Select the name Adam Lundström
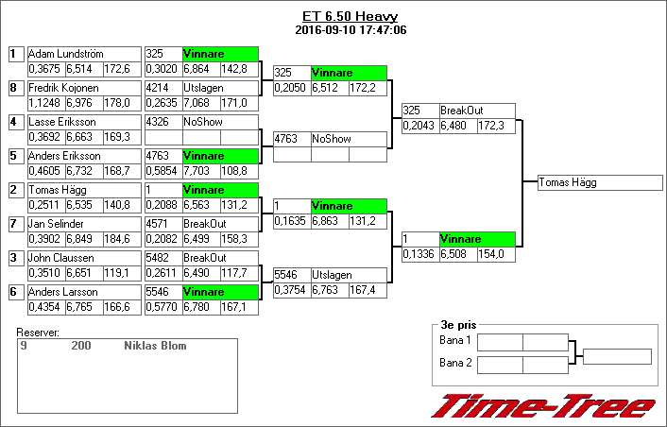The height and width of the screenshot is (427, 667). click(65, 54)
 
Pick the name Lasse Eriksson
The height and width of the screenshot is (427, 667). click(61, 122)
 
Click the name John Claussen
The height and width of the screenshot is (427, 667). click(61, 258)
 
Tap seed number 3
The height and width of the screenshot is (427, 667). click(14, 258)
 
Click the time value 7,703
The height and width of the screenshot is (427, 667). click(200, 170)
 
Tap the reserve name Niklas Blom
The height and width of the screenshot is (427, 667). click(155, 346)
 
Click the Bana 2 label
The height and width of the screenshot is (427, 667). click(455, 363)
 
